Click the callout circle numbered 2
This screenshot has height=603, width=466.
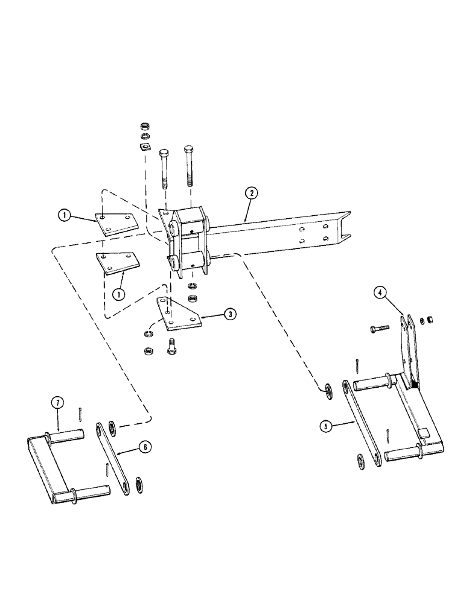pyautogui.click(x=251, y=194)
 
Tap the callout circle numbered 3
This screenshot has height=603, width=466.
pyautogui.click(x=229, y=314)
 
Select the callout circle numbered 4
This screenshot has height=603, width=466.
pyautogui.click(x=380, y=294)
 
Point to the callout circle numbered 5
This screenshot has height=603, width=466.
pyautogui.click(x=327, y=426)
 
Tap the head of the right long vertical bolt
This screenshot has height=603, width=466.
pyautogui.click(x=189, y=148)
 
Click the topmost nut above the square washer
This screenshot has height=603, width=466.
pyautogui.click(x=144, y=126)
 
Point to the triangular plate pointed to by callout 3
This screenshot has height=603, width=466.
pyautogui.click(x=176, y=315)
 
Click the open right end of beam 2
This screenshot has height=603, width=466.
pyautogui.click(x=346, y=229)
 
